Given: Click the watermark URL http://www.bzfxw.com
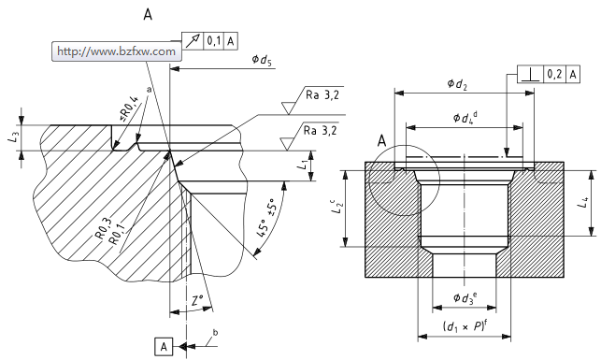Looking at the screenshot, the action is [116, 51].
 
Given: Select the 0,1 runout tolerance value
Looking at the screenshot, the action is [213, 40].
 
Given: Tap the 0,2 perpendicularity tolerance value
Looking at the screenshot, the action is [554, 74].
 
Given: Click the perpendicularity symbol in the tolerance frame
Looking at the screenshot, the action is [531, 75].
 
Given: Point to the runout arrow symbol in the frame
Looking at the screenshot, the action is [193, 40].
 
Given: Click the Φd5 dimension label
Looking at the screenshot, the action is [262, 60].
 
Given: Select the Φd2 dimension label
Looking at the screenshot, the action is [457, 84].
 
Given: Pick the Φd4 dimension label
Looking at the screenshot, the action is [465, 117].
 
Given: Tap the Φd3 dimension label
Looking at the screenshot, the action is [465, 297].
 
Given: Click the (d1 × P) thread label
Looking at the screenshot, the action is [465, 326].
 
